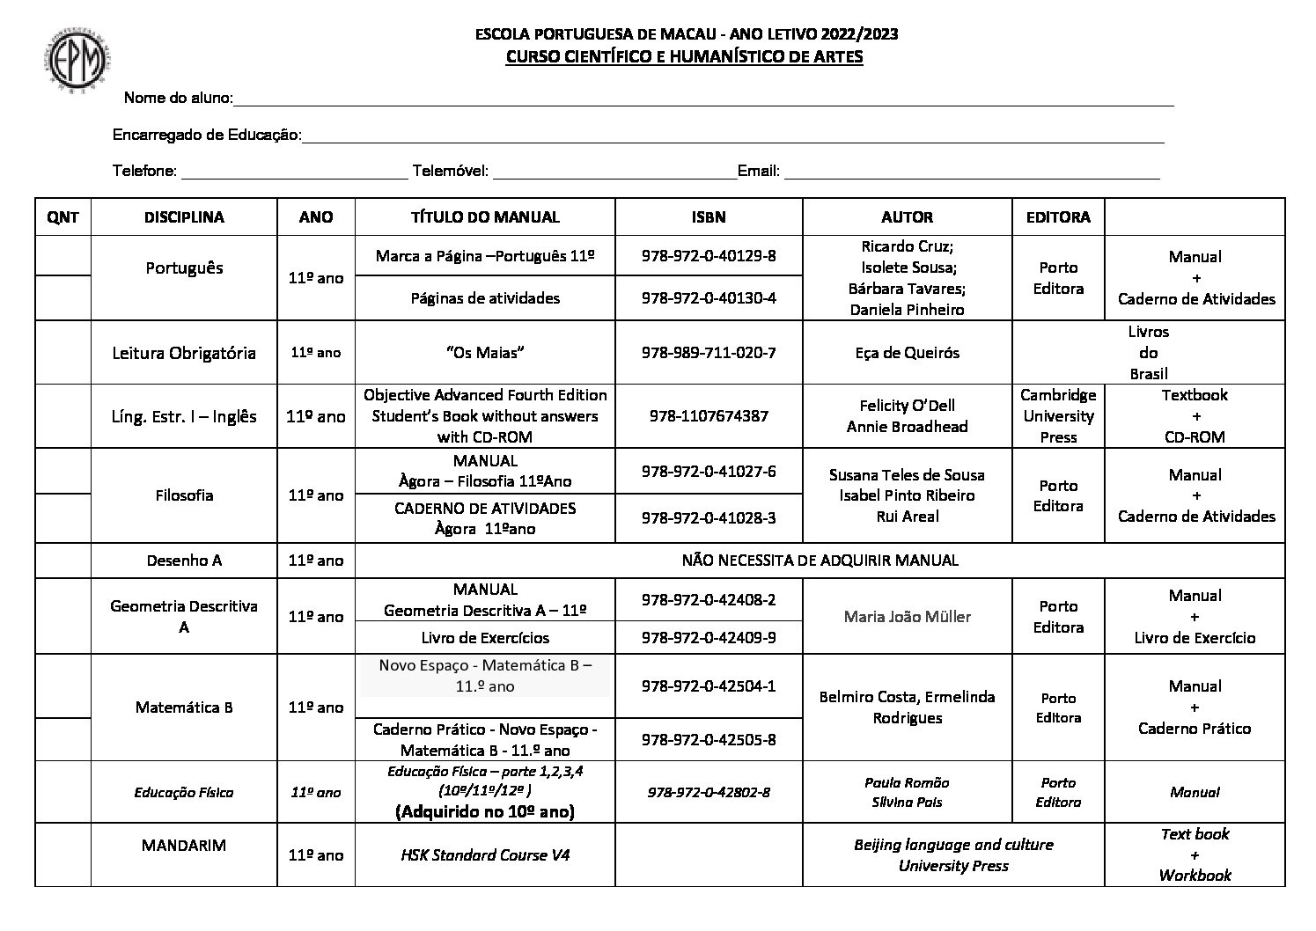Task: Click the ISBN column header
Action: coord(709,217)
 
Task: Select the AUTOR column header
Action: coord(907,217)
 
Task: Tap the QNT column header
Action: coord(62,217)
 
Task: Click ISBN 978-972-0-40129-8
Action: coord(709,256)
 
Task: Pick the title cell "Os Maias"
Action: coord(485,353)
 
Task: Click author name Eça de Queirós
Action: coord(907,353)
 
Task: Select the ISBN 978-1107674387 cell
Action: coord(709,416)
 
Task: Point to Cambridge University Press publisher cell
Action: coord(1058,416)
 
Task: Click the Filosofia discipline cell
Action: coord(184,495)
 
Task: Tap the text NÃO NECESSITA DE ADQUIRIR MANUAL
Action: coord(820,561)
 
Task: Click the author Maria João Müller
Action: coord(907,617)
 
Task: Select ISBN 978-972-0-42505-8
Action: coord(709,740)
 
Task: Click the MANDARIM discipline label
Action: coord(184,846)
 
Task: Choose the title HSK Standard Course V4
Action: coord(485,854)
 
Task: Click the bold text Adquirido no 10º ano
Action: coord(485,811)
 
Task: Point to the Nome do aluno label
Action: coord(178,98)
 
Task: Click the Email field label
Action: coord(759,171)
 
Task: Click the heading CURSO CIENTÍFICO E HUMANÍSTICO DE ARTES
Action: coord(684,57)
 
